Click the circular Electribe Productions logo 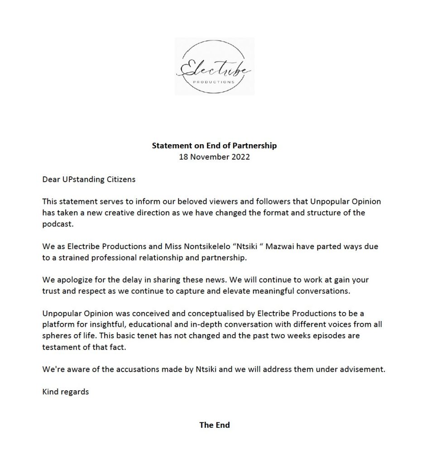(214, 66)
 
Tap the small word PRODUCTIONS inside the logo (214, 82)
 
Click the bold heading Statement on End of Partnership (214, 146)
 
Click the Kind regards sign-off (65, 392)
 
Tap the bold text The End (214, 425)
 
